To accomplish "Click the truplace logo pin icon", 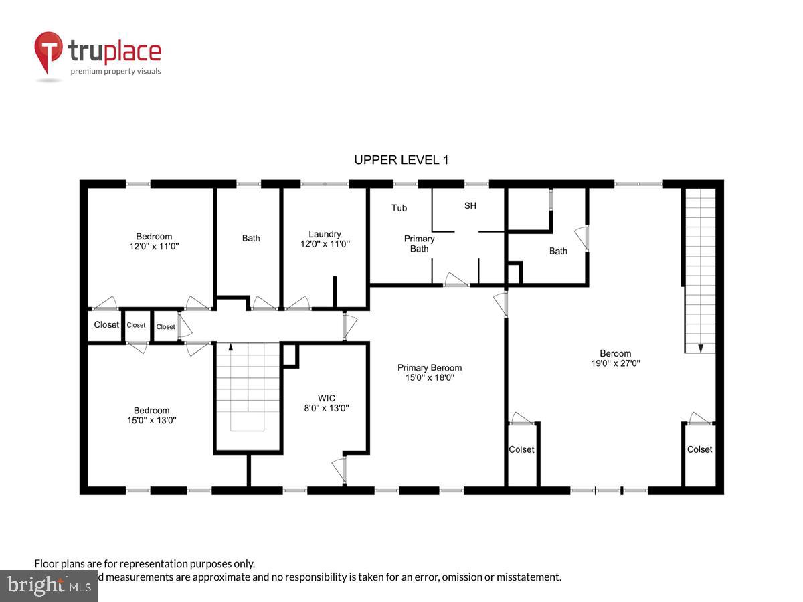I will (49, 53).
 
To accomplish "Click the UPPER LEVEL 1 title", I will (401, 160).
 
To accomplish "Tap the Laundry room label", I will (325, 239).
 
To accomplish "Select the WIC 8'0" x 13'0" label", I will (327, 403).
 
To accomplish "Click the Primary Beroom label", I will (429, 372).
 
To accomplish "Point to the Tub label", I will (399, 208).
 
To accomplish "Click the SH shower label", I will (470, 205).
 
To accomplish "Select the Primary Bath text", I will (420, 243).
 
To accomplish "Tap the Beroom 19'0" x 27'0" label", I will (615, 359).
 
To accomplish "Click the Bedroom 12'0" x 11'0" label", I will (154, 241).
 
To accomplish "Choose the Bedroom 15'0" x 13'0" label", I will (151, 415).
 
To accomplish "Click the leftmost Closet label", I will (106, 326).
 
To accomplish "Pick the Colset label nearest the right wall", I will (700, 449).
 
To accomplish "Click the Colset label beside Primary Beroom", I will (521, 449).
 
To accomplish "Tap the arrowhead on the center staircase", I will (231, 347).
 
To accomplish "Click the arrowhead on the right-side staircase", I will (700, 348).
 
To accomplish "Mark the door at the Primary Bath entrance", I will (456, 281).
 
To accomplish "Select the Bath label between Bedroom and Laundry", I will (251, 238).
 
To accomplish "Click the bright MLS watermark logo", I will (48, 586).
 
